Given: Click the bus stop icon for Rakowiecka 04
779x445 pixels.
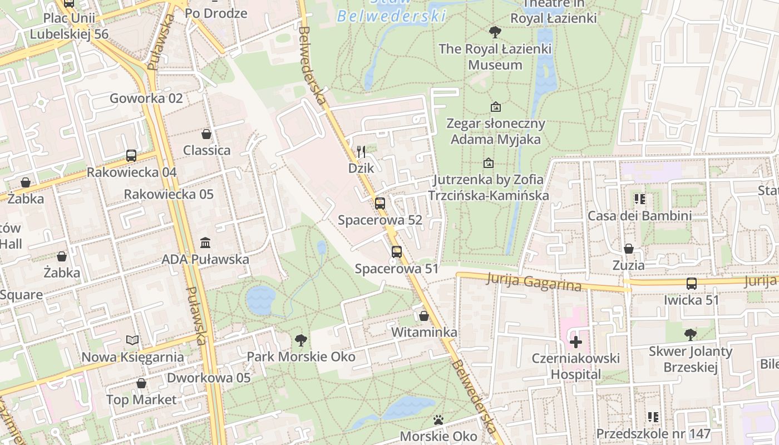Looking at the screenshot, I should [131, 156].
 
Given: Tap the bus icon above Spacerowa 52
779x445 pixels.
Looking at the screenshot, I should [380, 204].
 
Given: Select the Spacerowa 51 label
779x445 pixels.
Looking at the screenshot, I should [397, 269].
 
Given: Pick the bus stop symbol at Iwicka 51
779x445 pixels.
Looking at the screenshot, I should [692, 284].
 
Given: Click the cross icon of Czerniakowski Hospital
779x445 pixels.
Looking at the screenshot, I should [576, 342].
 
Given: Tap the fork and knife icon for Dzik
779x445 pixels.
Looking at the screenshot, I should [361, 151].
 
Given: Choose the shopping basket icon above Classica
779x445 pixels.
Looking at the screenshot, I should [206, 134].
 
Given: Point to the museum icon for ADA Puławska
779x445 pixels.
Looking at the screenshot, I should [205, 243].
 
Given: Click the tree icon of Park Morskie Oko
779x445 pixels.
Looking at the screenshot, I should [301, 340].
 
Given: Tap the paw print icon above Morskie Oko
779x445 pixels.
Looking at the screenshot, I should [438, 419].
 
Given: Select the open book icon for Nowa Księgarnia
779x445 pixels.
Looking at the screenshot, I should [132, 340].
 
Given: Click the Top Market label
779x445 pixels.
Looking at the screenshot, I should [141, 399].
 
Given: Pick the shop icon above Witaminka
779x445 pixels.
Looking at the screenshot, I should [424, 316].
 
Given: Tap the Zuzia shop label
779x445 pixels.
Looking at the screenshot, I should [629, 265].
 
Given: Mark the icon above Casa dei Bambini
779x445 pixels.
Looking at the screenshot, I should [639, 199].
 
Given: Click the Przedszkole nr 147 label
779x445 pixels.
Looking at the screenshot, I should [653, 433].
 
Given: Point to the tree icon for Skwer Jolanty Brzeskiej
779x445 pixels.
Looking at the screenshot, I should [691, 334].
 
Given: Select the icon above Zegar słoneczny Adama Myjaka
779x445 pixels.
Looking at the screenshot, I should [495, 106].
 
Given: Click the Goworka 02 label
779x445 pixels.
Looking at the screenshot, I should [146, 98].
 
